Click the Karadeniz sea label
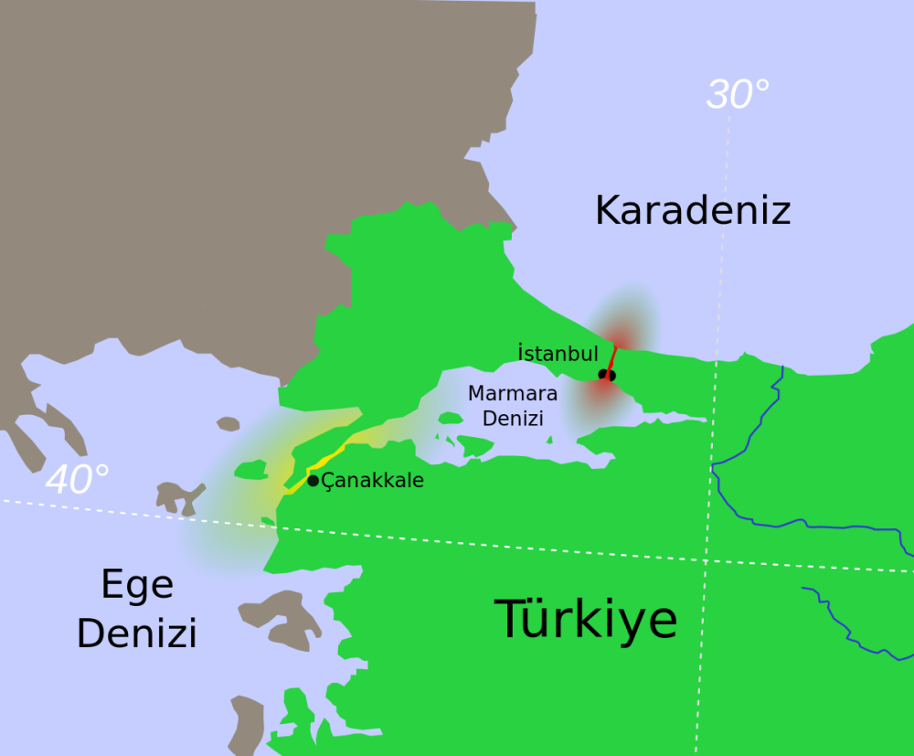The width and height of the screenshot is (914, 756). tap(692, 210)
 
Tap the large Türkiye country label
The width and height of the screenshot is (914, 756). tap(586, 619)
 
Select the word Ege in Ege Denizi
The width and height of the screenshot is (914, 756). tap(137, 584)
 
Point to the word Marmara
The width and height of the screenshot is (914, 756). tap(512, 394)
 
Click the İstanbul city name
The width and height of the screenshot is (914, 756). tap(558, 353)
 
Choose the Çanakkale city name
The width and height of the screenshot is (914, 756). tap(373, 480)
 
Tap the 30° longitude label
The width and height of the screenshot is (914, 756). tap(738, 94)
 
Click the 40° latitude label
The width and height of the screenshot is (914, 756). tap(77, 480)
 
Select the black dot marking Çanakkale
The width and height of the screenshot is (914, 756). tap(313, 480)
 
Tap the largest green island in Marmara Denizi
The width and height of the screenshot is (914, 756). tap(474, 445)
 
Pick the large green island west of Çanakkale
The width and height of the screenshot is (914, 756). tap(250, 470)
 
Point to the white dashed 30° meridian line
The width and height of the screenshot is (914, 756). tap(713, 411)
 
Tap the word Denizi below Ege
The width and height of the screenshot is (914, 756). tap(137, 633)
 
